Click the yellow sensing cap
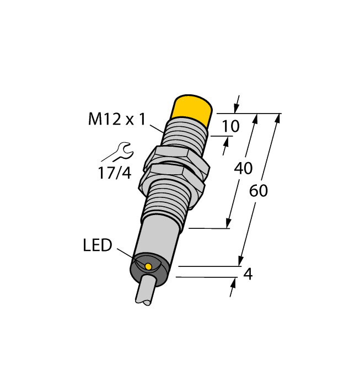(192, 109)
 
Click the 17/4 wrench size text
(115, 173)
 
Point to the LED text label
(98, 245)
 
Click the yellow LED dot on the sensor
(148, 267)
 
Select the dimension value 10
(230, 127)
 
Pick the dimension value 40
(244, 169)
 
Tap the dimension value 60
(259, 191)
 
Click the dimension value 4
(248, 274)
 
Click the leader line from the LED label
(130, 256)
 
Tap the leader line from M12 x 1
(156, 127)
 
